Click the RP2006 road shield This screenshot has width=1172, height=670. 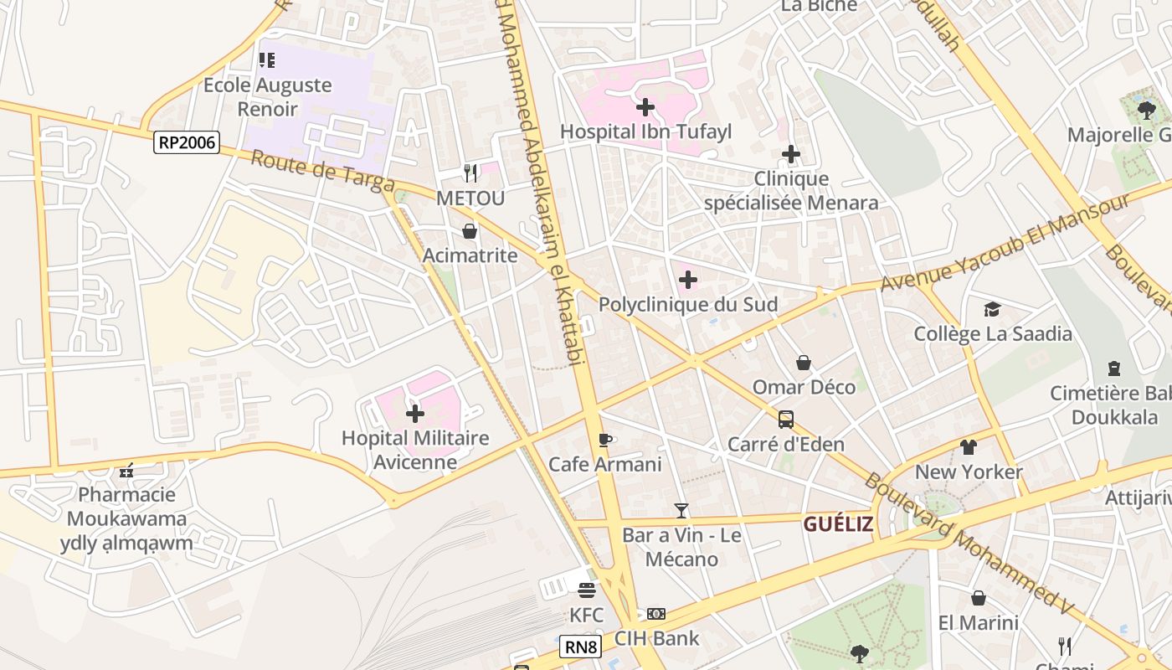tap(188, 142)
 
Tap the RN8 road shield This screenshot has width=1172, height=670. tap(581, 646)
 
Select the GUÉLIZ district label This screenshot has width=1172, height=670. tap(838, 524)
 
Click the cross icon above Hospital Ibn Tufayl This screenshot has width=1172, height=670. tap(645, 107)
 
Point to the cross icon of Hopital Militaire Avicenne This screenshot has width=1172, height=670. tap(415, 413)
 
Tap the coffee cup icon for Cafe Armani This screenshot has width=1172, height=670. tap(605, 440)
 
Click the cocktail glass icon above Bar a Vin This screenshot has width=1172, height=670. tap(681, 510)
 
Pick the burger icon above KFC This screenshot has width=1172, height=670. tap(586, 590)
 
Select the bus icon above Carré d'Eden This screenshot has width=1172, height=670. tap(786, 420)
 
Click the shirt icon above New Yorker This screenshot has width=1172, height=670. tap(969, 447)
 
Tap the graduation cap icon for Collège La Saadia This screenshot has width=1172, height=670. tap(992, 309)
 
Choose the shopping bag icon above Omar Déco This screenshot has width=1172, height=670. tap(804, 363)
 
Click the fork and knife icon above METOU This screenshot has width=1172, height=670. tap(470, 173)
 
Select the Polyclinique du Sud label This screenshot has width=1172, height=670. tap(688, 304)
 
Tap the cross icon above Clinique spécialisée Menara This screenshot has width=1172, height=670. tap(791, 154)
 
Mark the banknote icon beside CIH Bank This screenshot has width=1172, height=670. tap(656, 614)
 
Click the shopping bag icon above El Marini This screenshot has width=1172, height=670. tap(978, 598)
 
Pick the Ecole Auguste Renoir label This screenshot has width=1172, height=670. tap(268, 96)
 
